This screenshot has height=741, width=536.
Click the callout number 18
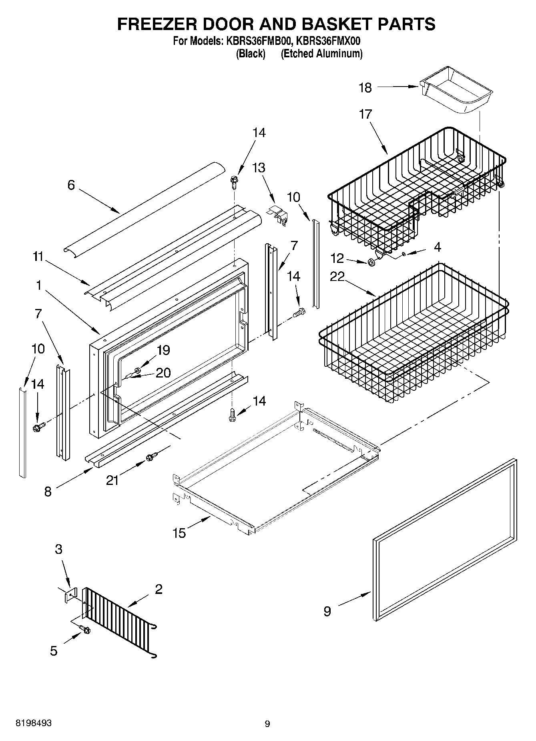365,87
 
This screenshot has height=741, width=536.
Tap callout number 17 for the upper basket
365,114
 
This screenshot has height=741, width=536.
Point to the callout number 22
337,277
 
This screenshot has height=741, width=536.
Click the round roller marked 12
371,262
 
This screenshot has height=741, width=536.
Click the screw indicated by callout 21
152,456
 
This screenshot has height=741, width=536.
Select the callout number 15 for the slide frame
180,533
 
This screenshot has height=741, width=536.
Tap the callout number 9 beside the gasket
327,612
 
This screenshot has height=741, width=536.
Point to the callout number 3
58,549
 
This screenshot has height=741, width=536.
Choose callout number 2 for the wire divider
159,589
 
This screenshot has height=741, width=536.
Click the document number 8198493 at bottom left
33,723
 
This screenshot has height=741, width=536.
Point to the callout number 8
48,491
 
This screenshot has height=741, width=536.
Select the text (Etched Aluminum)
321,53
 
